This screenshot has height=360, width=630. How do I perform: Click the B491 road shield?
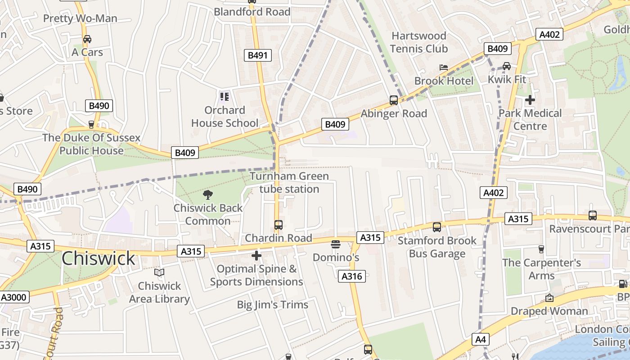click(258, 55)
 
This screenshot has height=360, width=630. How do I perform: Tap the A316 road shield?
click(351, 276)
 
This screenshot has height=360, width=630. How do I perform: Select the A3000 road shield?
click(15, 297)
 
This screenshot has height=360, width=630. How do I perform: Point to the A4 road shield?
click(481, 339)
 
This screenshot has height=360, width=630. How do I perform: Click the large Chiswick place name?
click(98, 258)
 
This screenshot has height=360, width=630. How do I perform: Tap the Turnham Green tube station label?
click(289, 182)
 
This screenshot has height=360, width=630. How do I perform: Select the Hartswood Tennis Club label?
click(418, 42)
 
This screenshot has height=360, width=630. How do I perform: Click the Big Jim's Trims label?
click(273, 305)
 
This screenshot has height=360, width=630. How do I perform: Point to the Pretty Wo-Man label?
click(80, 18)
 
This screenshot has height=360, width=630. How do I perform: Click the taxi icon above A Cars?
click(87, 39)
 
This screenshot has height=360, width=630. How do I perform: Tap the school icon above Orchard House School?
click(225, 96)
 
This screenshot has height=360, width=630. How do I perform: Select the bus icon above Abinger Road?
click(394, 100)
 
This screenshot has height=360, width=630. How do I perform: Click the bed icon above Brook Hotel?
click(444, 67)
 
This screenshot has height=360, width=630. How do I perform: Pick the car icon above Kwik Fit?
click(507, 66)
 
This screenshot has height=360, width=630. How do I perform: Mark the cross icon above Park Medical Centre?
click(530, 100)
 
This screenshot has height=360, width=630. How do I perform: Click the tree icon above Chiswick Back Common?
click(208, 195)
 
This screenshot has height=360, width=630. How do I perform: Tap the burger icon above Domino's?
click(336, 244)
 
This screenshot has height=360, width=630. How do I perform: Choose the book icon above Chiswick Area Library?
click(159, 272)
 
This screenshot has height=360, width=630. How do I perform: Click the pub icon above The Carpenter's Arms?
click(541, 249)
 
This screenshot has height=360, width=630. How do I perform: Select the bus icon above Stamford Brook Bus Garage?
click(437, 227)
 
